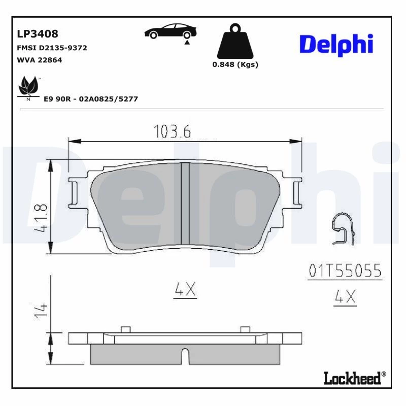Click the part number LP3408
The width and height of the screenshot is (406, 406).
38,34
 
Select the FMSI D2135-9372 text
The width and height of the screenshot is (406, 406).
52,48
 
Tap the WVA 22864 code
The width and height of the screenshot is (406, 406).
40,60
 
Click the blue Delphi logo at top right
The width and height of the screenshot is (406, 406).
336,45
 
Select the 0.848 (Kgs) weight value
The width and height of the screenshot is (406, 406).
235,64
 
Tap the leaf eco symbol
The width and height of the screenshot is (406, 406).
28,87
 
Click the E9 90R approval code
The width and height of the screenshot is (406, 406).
91,99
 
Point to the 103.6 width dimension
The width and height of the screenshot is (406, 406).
172,131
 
